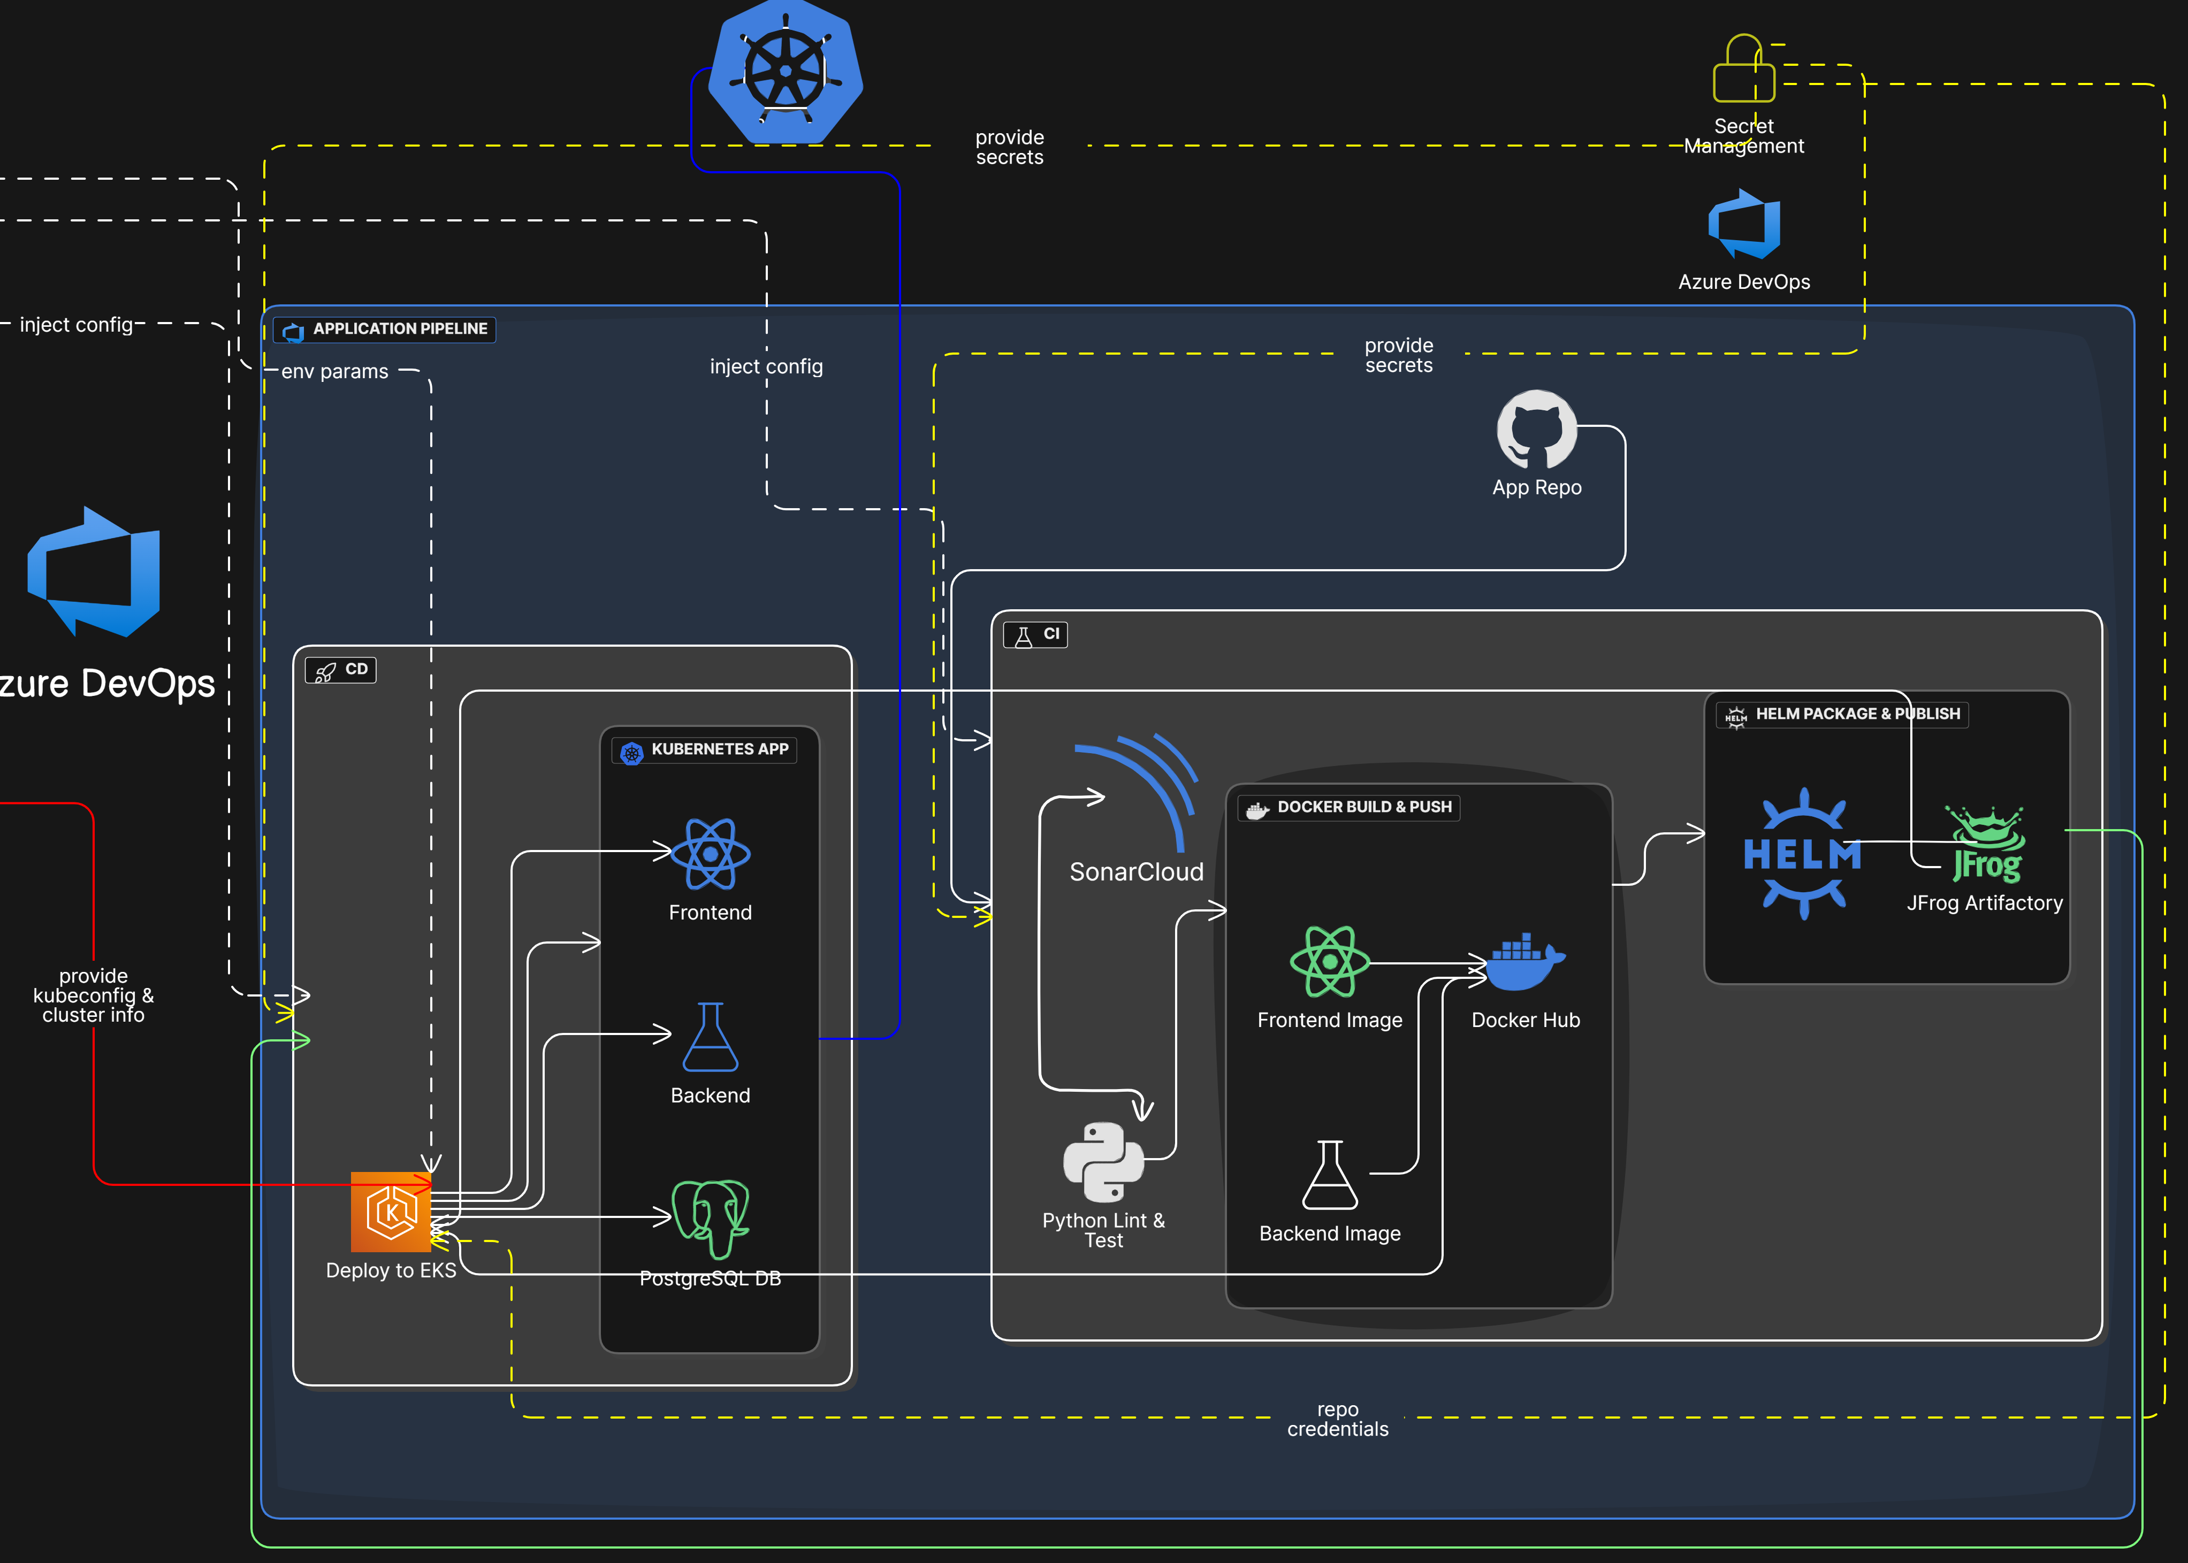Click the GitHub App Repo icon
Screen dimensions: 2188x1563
click(x=1536, y=429)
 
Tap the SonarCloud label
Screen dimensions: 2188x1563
click(x=1137, y=872)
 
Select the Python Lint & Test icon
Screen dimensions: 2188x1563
click(x=1103, y=1162)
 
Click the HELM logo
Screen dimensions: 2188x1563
click(x=1802, y=854)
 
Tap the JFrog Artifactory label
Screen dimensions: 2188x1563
click(x=1985, y=903)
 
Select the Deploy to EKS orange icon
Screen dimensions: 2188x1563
click(x=391, y=1212)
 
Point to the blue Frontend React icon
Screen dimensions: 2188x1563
click(x=711, y=854)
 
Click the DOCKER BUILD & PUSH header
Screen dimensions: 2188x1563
click(x=1348, y=808)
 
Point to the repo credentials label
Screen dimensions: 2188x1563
click(x=1338, y=1420)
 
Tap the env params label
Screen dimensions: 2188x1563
click(x=335, y=372)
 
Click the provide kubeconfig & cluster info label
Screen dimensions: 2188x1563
click(x=93, y=995)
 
